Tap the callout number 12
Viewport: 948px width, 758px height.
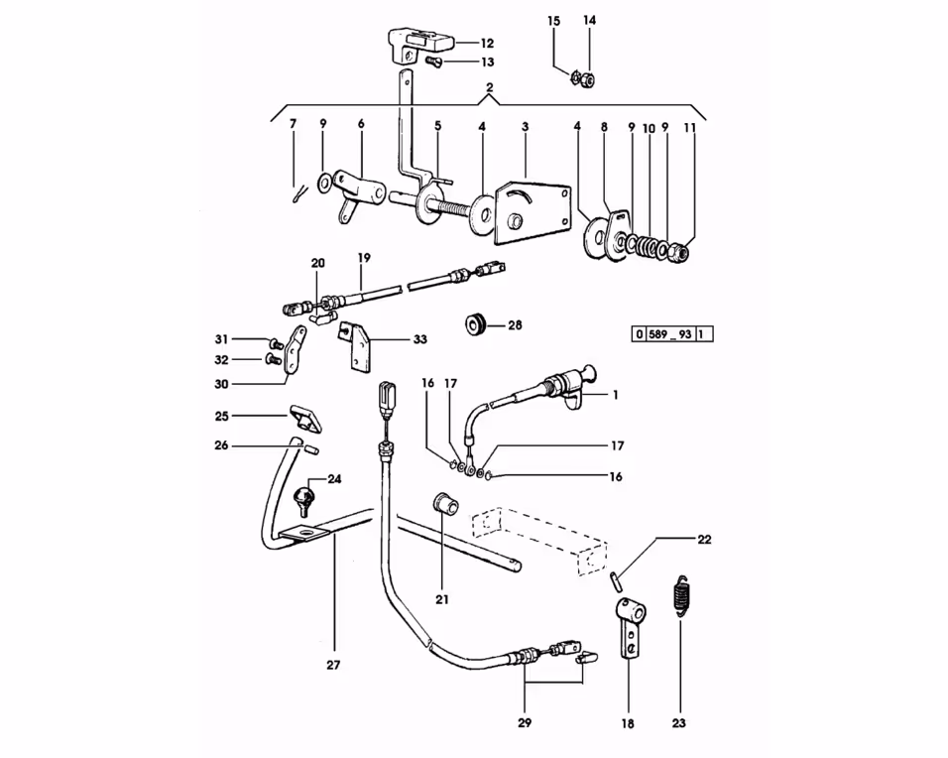487,43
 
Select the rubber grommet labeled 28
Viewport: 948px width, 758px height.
476,323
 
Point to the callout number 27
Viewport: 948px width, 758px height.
333,665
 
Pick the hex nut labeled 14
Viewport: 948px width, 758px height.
588,77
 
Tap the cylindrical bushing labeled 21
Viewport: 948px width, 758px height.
445,505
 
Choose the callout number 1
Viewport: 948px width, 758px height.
615,395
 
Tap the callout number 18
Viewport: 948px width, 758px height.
627,724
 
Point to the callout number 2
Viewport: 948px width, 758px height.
489,88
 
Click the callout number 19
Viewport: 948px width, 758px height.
364,257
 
